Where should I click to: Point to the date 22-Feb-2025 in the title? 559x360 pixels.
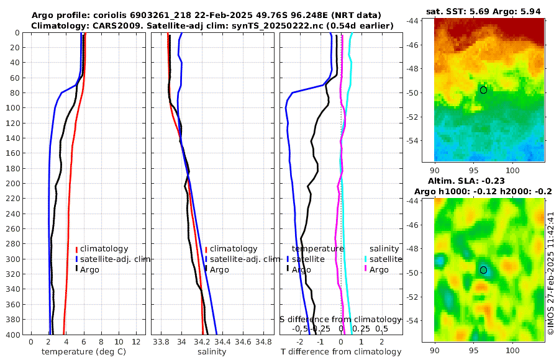pos(220,15)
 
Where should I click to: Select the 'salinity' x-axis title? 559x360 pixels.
pos(211,352)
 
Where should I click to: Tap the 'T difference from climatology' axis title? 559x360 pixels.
pos(341,352)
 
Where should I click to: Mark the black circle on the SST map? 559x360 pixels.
pos(483,90)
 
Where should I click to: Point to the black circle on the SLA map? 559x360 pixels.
pos(483,270)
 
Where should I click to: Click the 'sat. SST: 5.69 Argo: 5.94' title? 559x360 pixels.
pos(489,11)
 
